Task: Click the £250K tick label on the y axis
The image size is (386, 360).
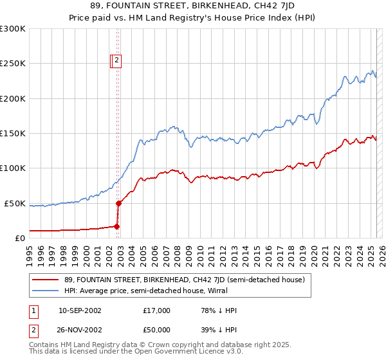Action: [x=12, y=64]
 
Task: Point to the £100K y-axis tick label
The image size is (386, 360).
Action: [x=12, y=168]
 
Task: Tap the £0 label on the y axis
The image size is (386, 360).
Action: [x=19, y=238]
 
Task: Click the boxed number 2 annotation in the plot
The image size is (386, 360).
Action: [x=117, y=61]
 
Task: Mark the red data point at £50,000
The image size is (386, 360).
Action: [x=118, y=203]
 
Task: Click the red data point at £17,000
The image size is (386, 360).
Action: [x=116, y=226]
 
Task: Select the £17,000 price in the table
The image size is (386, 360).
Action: [x=156, y=311]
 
